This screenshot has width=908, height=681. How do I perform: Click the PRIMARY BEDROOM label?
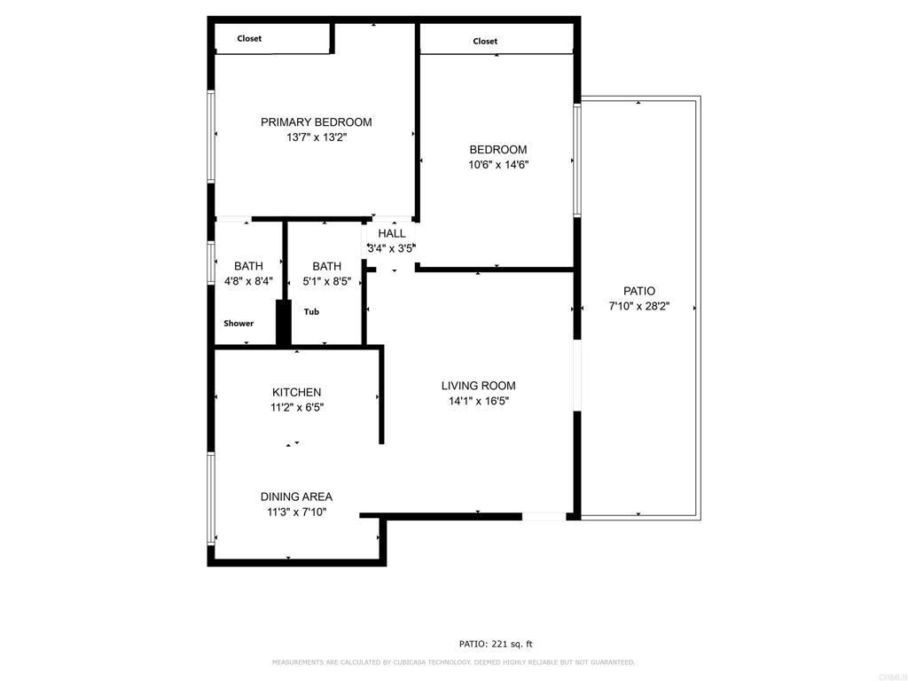tap(317, 122)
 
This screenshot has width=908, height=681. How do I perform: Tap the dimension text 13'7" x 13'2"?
tap(317, 137)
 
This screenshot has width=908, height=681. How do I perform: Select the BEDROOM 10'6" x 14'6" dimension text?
tap(498, 164)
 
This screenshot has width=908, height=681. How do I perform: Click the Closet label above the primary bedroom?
tap(249, 38)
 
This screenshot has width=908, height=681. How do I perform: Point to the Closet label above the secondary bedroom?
tap(485, 41)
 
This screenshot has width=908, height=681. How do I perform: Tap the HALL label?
tap(392, 233)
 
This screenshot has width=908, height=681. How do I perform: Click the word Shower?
tap(239, 323)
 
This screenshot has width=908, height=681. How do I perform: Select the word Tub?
tap(311, 311)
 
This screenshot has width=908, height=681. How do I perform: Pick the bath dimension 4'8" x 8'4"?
tap(248, 281)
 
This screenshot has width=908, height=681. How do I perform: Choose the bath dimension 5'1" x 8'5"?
tap(326, 281)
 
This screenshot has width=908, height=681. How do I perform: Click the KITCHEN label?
tap(296, 392)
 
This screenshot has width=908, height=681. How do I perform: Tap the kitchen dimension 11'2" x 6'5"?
tap(297, 407)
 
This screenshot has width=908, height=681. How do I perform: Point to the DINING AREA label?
tap(296, 497)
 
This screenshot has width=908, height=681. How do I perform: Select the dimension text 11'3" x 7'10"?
tap(296, 512)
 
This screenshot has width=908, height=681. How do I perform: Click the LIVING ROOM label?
tap(478, 386)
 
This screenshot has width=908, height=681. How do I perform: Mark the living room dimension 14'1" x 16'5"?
tap(479, 401)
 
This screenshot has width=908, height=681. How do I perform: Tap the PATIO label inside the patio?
tap(639, 291)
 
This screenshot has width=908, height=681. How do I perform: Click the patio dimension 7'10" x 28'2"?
tap(639, 306)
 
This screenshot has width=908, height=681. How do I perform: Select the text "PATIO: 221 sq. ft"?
tap(496, 644)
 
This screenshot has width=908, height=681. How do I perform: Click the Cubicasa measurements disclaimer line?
tap(453, 661)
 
